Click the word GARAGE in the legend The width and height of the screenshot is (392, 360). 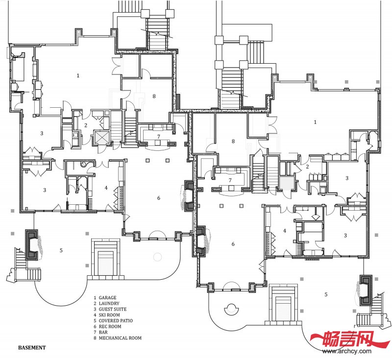107,297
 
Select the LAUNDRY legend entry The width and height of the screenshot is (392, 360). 109,303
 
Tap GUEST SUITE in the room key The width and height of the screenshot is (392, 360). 113,309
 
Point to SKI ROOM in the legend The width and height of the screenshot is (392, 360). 109,315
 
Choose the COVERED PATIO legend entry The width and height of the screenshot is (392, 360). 116,320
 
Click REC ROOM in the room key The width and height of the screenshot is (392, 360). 110,326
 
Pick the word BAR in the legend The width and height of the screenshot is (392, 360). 103,332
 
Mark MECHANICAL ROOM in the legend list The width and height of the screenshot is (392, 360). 120,338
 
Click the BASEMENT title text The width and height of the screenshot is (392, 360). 32,347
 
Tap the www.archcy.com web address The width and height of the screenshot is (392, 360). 347,351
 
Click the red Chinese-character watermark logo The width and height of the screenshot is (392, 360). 350,338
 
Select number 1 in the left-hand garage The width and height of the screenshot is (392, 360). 78,75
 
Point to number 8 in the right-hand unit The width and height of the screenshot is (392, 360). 233,142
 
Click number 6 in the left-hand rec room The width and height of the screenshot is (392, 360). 158,198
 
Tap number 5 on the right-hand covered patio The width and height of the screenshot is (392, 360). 326,294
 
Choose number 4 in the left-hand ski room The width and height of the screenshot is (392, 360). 106,188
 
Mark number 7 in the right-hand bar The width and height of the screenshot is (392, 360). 230,180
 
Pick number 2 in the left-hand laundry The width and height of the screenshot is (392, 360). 85,125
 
